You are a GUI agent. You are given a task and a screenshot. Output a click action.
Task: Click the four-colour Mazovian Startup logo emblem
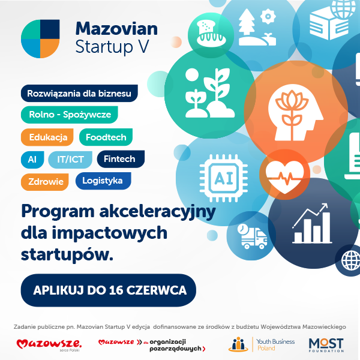pos(40,39)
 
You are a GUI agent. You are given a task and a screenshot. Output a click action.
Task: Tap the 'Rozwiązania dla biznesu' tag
pos(79,93)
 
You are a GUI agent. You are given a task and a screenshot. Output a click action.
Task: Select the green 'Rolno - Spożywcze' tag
pos(70,115)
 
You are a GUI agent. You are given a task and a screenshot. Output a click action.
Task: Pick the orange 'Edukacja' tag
pos(47,137)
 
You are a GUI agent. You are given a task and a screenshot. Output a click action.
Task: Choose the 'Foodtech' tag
pos(106,137)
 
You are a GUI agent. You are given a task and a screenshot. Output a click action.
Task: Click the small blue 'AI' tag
pos(32,160)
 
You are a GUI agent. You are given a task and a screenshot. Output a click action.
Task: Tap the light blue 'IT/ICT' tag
pos(70,160)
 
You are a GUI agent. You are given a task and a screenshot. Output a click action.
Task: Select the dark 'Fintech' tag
pos(121,159)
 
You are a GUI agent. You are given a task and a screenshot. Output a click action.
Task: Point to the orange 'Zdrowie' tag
pos(45,182)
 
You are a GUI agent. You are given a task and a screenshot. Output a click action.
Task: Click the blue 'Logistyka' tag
pos(103,181)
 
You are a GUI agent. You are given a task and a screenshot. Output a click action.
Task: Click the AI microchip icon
pos(224,178)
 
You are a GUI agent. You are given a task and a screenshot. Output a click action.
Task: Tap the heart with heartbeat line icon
pos(284,176)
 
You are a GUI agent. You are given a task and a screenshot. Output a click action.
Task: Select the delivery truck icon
pos(252,236)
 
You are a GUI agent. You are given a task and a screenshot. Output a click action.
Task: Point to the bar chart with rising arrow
pos(312,223)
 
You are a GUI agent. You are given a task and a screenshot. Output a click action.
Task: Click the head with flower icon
pos(296,113)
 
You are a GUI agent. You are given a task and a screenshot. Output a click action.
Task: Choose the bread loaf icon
pos(211,34)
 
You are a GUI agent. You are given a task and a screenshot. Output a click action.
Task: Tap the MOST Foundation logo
pos(326,345)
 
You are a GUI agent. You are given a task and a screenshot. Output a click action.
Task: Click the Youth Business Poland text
pos(275,345)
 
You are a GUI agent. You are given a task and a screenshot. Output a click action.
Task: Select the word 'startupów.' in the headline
pos(67,255)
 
